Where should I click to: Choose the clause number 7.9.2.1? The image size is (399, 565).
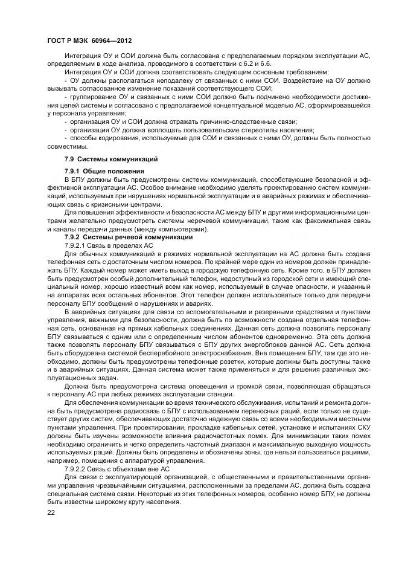pos(77,245)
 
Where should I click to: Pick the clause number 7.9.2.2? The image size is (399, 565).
pos(77,468)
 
